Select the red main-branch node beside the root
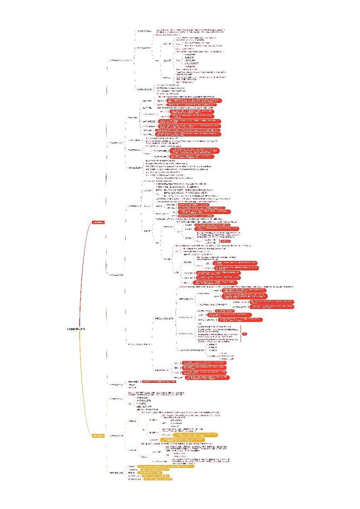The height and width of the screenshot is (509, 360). pos(98,222)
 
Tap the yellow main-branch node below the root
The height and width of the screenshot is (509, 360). pos(98,436)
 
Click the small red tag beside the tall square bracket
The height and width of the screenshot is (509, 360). pos(245,334)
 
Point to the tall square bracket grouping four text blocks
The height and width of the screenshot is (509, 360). pos(241,334)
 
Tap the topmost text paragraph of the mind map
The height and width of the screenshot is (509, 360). pos(190,31)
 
